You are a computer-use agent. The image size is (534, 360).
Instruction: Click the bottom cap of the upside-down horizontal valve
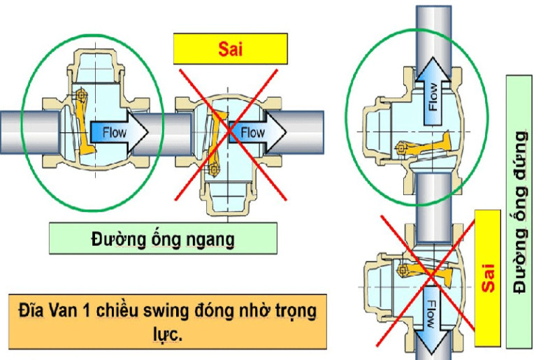(223, 200)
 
